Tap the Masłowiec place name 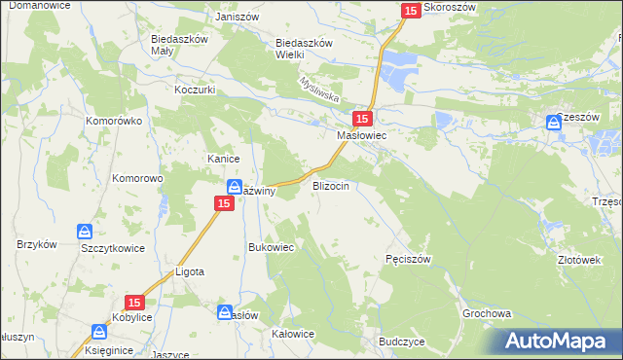362,136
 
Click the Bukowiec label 272,247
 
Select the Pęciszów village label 408,259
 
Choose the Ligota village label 189,271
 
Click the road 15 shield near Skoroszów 410,10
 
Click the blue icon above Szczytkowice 85,232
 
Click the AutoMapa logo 559,341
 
